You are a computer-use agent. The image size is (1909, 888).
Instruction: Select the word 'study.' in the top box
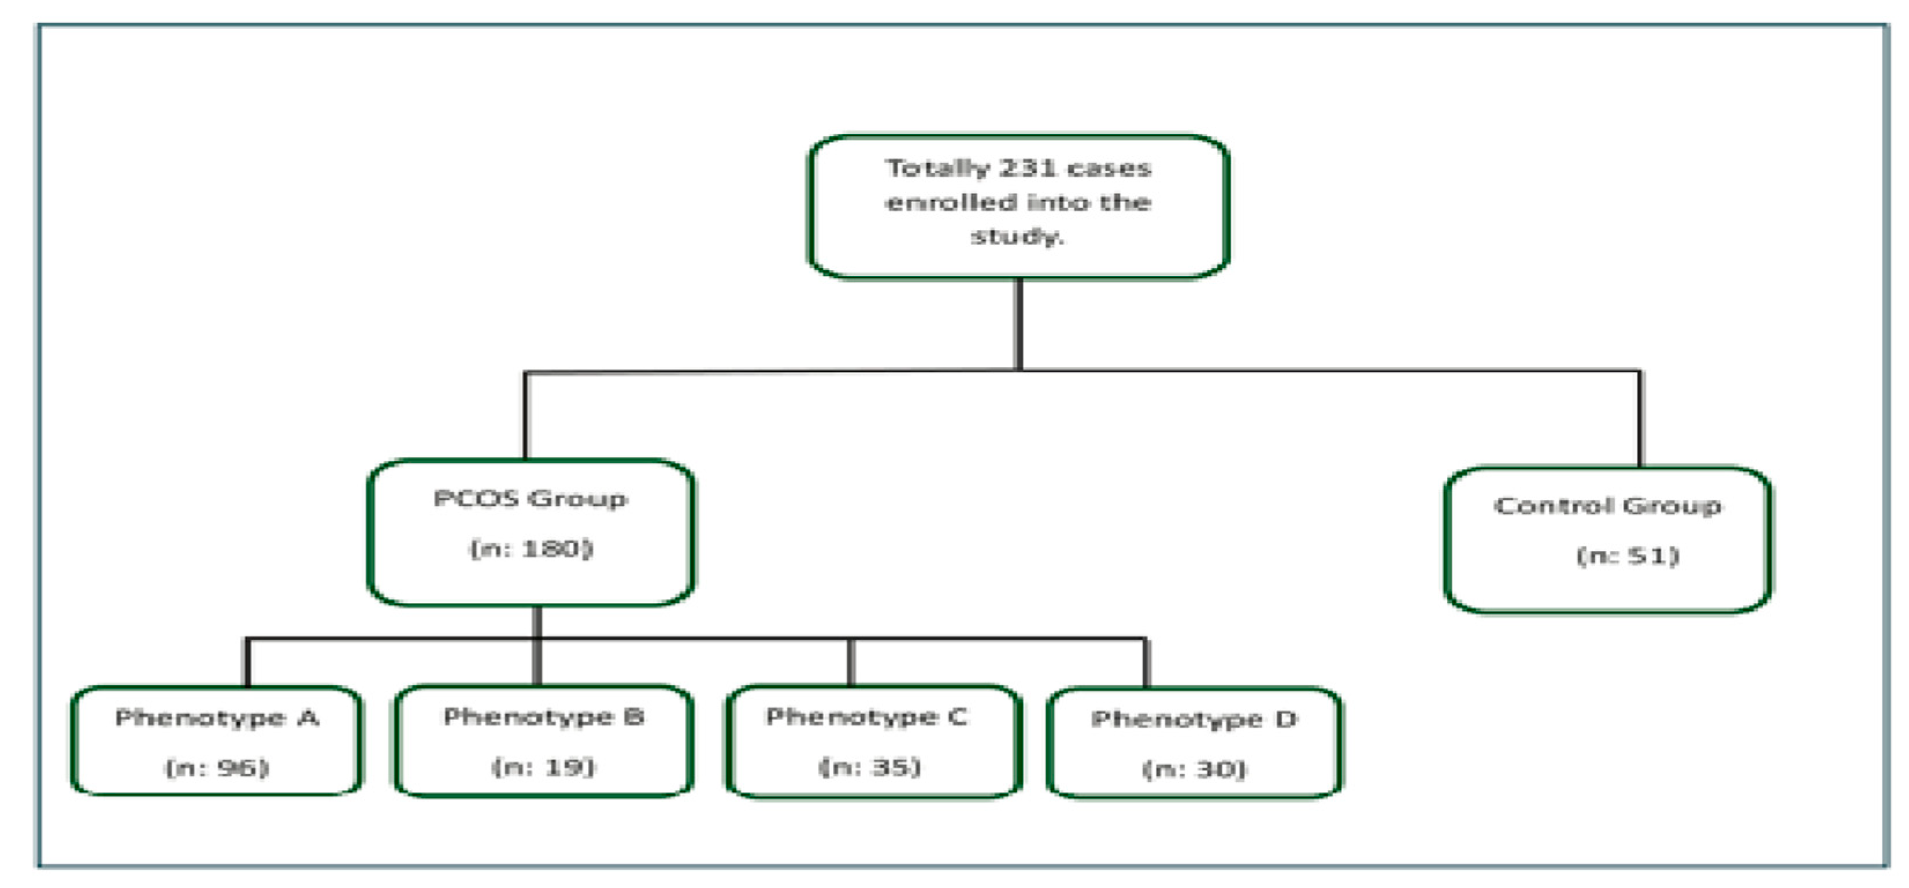tap(1017, 237)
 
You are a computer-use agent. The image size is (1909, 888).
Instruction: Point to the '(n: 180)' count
tap(532, 549)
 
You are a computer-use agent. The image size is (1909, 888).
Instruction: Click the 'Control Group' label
tap(1607, 506)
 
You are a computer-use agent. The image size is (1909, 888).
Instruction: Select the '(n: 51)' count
tap(1628, 555)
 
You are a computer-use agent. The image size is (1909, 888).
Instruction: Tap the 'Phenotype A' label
tap(216, 718)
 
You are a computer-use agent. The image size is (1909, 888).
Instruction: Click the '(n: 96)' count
tap(216, 767)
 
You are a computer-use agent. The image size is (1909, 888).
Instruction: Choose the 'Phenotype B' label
tap(544, 716)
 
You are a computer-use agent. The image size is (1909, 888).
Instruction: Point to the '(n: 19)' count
tap(544, 767)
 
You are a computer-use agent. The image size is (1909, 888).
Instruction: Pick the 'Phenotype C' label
tap(866, 716)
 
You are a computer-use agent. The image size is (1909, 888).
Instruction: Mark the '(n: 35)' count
tap(870, 767)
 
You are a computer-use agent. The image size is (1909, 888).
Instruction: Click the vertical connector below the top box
tap(1019, 324)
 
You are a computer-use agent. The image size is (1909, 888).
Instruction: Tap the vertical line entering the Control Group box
tap(1640, 419)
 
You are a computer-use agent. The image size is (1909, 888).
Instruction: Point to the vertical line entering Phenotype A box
tap(247, 662)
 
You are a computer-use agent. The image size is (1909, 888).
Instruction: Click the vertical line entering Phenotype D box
tap(1147, 663)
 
